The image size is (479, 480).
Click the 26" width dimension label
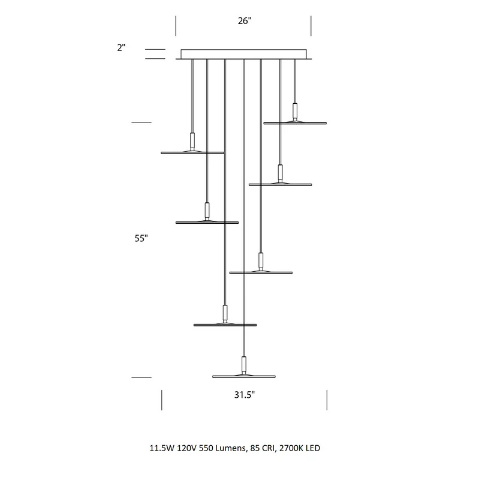(x=245, y=21)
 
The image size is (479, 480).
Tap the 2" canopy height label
(x=121, y=47)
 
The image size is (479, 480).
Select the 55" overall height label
(x=141, y=238)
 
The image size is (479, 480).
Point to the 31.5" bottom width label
(x=245, y=395)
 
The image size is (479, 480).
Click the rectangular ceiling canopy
(x=244, y=54)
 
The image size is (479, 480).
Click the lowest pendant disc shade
(x=244, y=376)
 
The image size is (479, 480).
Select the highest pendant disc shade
(x=295, y=123)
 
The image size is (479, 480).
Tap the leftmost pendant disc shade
(x=192, y=152)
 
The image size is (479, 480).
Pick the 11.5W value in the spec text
(x=162, y=448)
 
